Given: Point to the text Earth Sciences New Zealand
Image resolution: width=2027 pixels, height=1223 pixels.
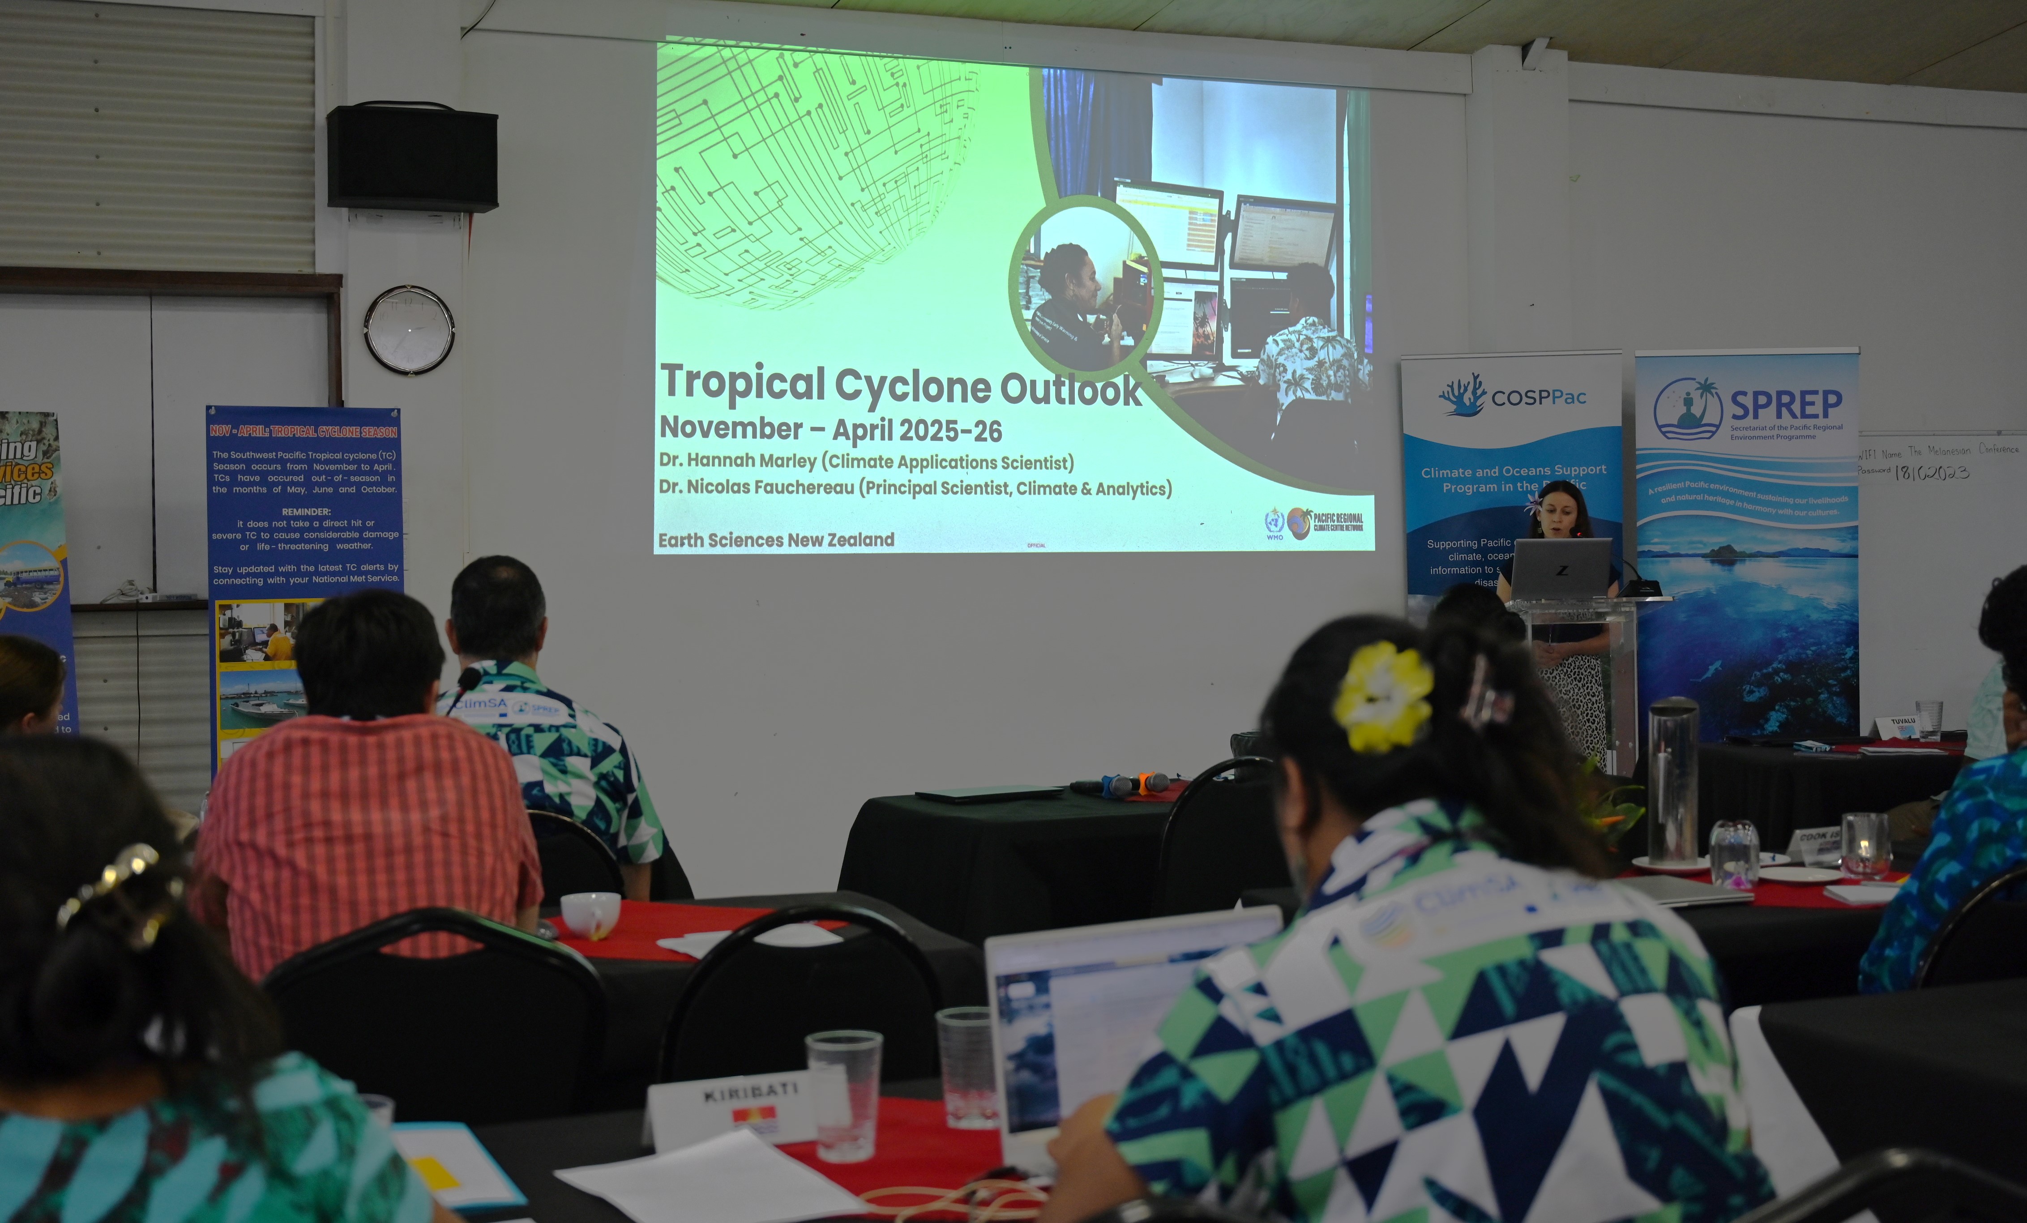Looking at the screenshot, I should (x=776, y=539).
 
